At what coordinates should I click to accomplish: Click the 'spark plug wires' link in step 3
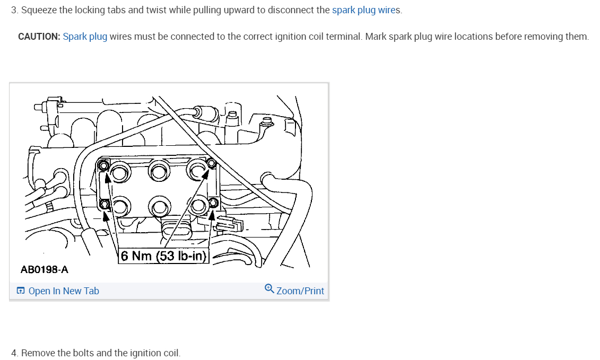point(366,11)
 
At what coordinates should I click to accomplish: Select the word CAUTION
point(39,37)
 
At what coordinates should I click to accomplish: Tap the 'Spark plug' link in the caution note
point(85,37)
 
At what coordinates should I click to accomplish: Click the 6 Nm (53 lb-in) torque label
point(163,256)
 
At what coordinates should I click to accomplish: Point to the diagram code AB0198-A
point(45,270)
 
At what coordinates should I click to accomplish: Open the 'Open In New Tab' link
point(64,291)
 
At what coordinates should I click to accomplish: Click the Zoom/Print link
point(300,291)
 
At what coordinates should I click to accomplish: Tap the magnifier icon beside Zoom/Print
point(269,289)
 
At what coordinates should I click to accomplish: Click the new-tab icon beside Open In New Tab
point(21,291)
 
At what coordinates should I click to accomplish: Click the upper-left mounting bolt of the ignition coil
point(105,166)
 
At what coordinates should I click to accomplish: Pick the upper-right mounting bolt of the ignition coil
point(211,163)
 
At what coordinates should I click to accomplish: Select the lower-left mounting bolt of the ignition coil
point(105,204)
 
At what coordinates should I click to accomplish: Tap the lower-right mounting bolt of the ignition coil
point(214,203)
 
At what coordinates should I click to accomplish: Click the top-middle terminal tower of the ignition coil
point(158,171)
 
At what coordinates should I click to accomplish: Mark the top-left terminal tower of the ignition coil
point(120,173)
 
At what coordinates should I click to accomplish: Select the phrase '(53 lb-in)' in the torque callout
point(182,256)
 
